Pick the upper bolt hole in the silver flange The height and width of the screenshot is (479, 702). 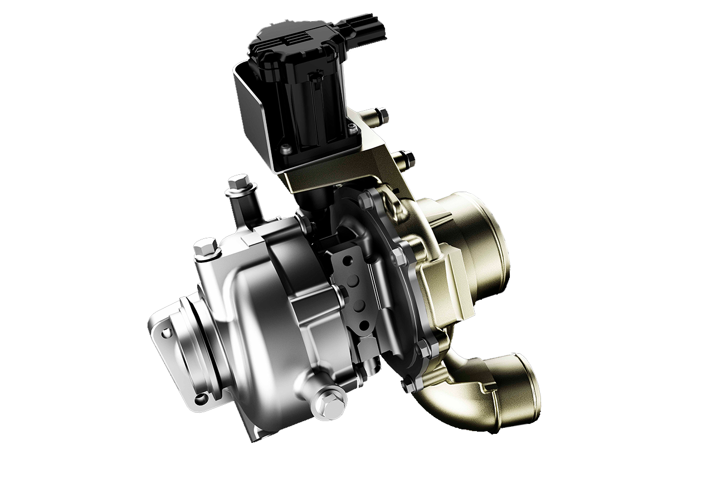point(165,334)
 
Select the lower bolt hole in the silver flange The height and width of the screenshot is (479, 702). point(198,397)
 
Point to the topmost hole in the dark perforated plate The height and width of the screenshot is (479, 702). point(348,260)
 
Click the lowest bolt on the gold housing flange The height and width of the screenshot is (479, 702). point(409,384)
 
